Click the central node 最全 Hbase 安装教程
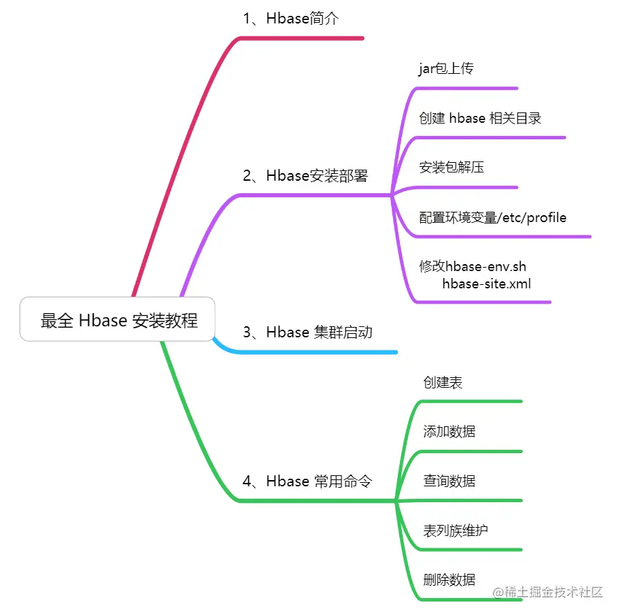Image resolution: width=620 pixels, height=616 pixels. point(118,320)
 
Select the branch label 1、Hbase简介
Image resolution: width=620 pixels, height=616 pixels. point(290,19)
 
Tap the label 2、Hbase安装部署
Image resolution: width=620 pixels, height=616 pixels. point(305,176)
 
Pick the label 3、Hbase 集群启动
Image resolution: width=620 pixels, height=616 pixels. point(307,332)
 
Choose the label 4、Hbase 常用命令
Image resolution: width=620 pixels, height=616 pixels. point(307,481)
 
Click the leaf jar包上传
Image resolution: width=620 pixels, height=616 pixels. point(446,68)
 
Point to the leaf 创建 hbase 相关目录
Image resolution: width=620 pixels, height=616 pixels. point(480,118)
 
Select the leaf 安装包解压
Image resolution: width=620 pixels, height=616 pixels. point(451,167)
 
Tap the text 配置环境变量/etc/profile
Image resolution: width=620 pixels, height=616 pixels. point(492,217)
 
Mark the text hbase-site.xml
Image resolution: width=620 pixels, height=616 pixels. point(486,283)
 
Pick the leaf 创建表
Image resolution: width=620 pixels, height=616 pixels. point(443,382)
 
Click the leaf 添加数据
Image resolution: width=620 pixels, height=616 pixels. point(449,432)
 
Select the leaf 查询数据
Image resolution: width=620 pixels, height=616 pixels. point(449,481)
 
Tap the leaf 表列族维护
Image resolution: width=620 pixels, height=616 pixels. point(455,530)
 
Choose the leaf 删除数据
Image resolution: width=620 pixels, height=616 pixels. point(449,580)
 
